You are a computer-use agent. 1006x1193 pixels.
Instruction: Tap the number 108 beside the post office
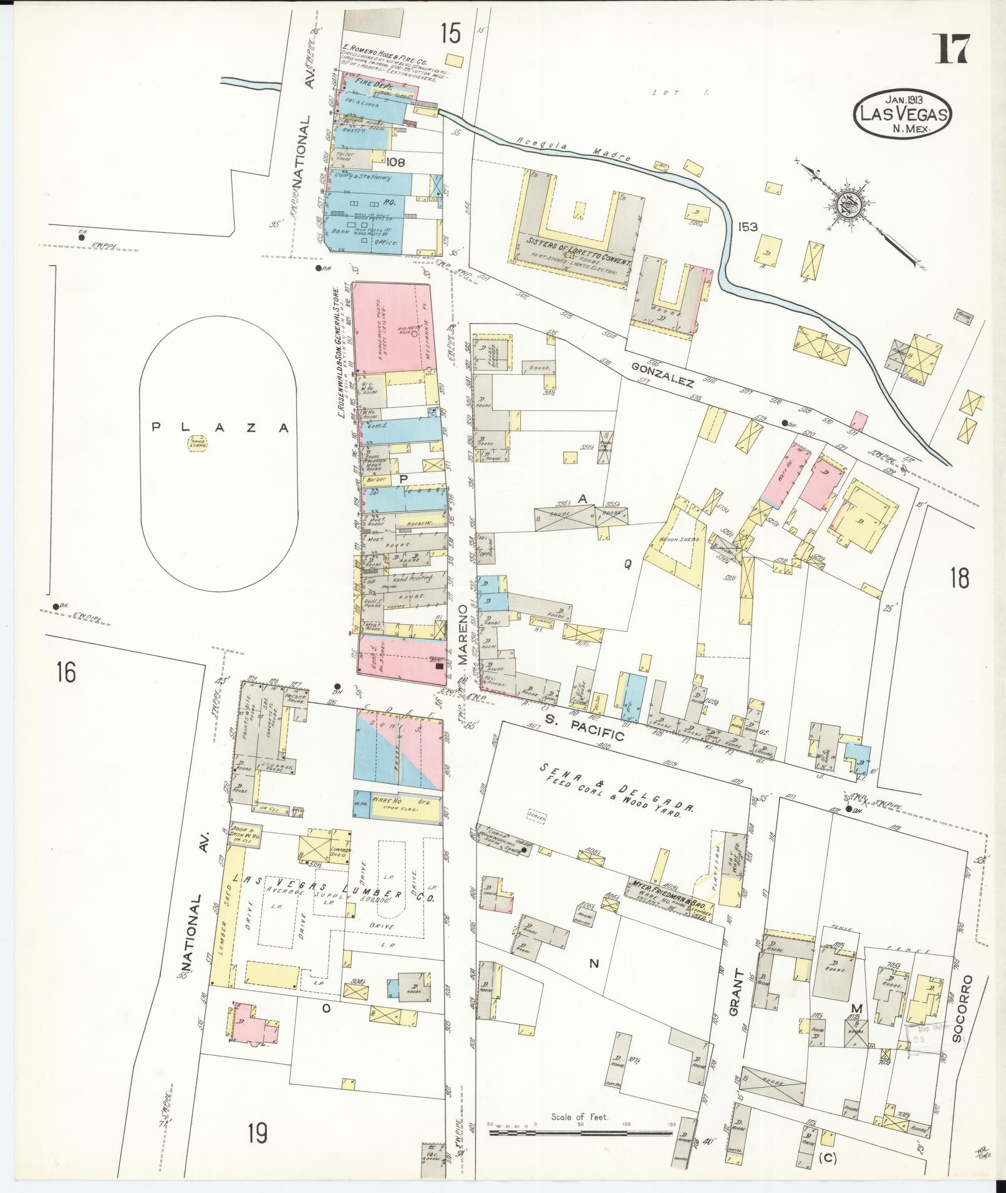click(395, 162)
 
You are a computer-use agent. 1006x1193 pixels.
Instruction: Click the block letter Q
click(628, 564)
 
